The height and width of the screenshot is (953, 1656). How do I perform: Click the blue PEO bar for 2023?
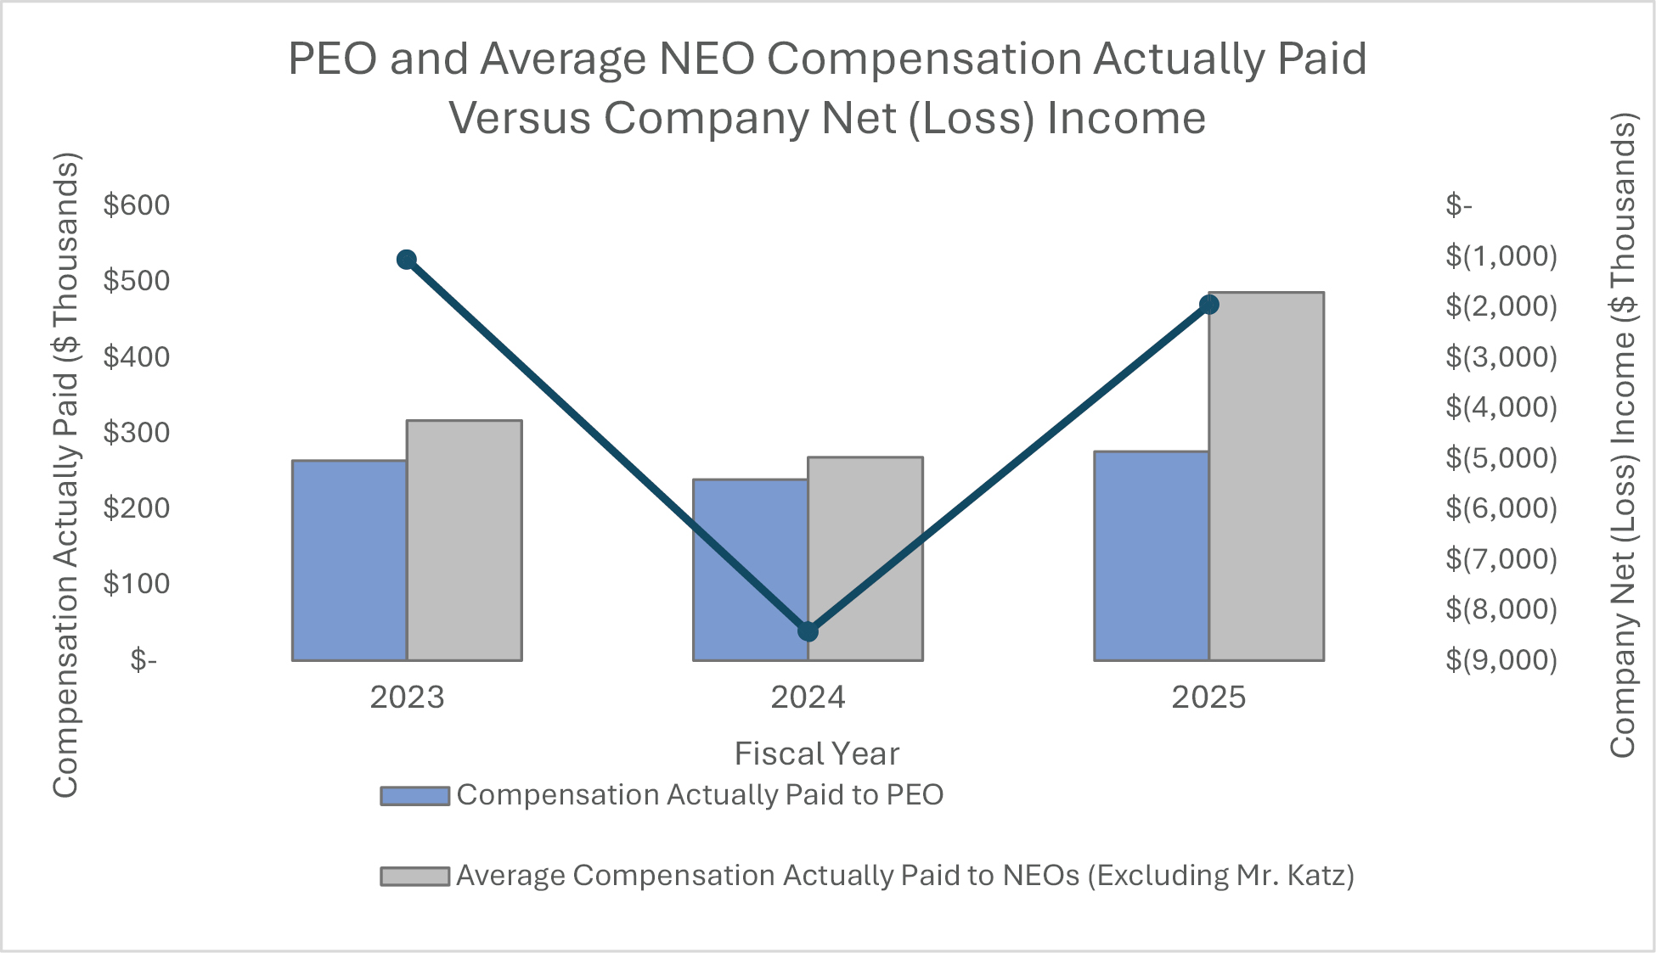coord(349,560)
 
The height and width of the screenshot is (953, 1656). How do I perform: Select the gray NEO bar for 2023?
coord(465,540)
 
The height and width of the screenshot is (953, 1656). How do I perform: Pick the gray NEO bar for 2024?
coord(865,558)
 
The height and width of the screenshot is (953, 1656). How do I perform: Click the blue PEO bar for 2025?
coord(1151,556)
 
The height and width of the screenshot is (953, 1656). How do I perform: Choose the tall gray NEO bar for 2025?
coord(1266,476)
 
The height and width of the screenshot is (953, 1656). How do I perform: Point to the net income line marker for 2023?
coord(407,260)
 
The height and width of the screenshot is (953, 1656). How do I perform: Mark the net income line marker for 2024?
coord(808,631)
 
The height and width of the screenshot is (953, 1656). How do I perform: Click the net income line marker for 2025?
coord(1209,305)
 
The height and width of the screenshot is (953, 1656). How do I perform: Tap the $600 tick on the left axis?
coord(136,205)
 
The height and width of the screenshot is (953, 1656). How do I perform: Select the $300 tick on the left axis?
coord(136,433)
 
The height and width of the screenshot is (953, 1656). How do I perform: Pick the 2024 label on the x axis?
coord(808,698)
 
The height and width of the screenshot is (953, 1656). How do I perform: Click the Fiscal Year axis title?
coord(817,754)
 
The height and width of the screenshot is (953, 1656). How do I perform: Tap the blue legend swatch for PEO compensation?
coord(414,796)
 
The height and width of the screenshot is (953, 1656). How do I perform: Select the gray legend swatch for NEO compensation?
coord(414,876)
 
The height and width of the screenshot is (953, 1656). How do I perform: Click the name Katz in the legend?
coord(1315,875)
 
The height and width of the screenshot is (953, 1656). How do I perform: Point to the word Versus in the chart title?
coord(520,117)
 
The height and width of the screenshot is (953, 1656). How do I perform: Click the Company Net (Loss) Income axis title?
coord(1623,435)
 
